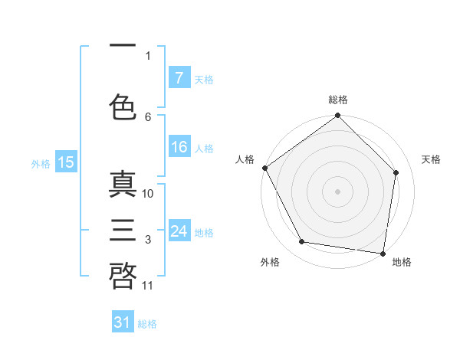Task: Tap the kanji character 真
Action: pos(123,186)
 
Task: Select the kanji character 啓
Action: pos(123,275)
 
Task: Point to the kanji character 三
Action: pos(123,231)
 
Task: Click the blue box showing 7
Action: pos(179,77)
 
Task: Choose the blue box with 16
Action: pos(179,148)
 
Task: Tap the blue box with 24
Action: pos(179,231)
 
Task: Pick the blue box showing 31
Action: pos(123,322)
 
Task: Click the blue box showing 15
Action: pos(65,162)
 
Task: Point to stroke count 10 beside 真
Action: pos(148,194)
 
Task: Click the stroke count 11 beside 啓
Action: pos(148,286)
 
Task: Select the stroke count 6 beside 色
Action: pos(148,116)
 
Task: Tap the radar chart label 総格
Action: pos(338,100)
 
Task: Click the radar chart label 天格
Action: pos(431,159)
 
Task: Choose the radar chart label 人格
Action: pos(245,159)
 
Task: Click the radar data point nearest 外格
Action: pos(302,242)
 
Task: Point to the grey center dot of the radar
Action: pos(337,191)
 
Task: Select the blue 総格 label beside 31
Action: pos(147,324)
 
